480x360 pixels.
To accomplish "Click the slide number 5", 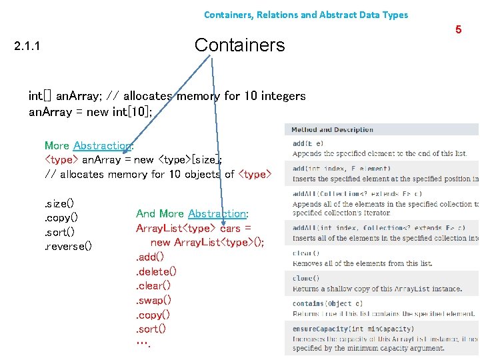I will click(x=458, y=29).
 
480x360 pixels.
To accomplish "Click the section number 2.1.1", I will click(x=27, y=47).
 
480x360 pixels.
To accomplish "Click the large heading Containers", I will click(x=239, y=45).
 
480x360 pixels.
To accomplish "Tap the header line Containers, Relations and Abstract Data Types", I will click(x=306, y=15).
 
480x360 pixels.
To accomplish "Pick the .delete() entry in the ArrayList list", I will click(x=156, y=271).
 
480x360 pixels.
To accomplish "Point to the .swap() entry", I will click(x=153, y=300).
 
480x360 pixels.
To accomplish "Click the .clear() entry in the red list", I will click(x=153, y=285).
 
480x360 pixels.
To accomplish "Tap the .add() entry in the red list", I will click(x=150, y=257).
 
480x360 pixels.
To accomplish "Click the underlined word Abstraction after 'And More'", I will click(x=217, y=213).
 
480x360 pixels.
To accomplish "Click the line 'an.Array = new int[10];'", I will click(x=90, y=111).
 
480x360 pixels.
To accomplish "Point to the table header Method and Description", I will click(x=332, y=129).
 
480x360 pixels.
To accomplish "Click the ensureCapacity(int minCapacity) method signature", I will click(x=353, y=329).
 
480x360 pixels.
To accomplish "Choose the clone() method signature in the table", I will click(x=306, y=278).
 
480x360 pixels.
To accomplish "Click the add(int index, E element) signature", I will click(x=341, y=169).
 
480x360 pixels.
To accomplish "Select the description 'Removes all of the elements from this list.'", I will click(x=362, y=263).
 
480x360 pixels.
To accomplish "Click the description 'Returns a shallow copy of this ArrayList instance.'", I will click(x=377, y=289).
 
